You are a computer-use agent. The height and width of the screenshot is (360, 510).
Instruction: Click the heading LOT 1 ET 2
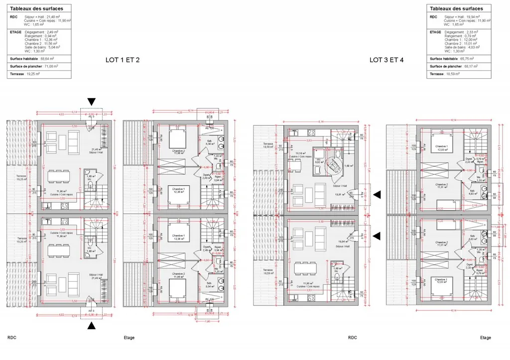coord(123,60)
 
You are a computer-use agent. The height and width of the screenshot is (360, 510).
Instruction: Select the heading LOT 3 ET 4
coord(386,60)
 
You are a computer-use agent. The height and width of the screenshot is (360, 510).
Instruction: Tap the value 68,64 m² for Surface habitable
coord(48,58)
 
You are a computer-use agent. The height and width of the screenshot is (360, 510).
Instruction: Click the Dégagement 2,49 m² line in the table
coord(42,32)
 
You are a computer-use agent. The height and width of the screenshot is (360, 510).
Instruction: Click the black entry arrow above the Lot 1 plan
coord(91,102)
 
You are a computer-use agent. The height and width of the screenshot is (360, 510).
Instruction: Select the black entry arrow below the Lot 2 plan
coord(91,326)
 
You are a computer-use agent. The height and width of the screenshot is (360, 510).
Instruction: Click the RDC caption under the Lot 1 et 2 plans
coord(12,338)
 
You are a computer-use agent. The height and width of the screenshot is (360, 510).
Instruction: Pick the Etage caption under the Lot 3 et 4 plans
coord(485,338)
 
